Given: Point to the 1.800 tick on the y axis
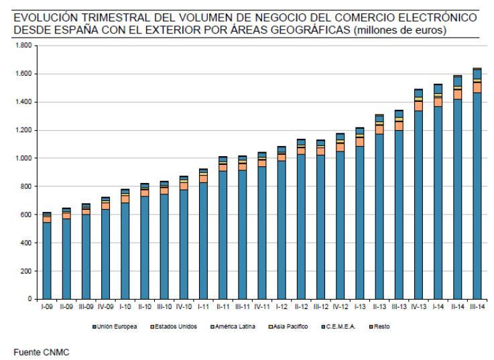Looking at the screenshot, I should coord(26,45).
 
